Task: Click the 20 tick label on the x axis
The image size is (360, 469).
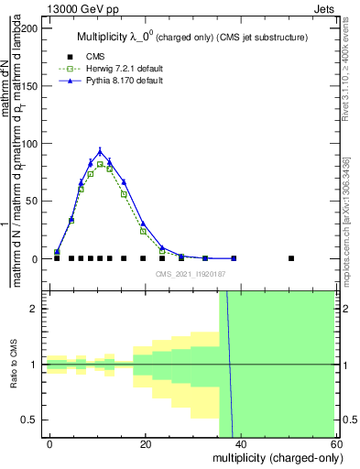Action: pyautogui.click(x=146, y=443)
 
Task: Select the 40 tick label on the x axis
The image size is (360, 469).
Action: pyautogui.click(x=241, y=443)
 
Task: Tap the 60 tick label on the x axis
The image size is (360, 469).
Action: pyautogui.click(x=336, y=443)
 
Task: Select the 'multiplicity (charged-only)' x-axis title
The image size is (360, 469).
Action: pyautogui.click(x=274, y=458)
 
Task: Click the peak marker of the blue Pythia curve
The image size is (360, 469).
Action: pyautogui.click(x=100, y=152)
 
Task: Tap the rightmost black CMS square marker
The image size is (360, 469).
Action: pyautogui.click(x=291, y=258)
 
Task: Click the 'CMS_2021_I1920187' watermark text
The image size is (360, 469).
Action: pyautogui.click(x=191, y=275)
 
